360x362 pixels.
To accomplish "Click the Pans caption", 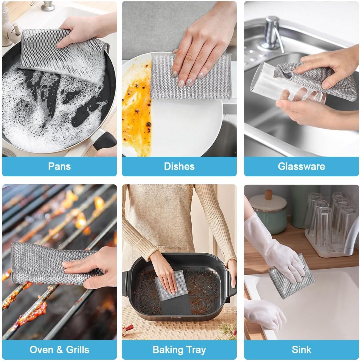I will click(x=59, y=166).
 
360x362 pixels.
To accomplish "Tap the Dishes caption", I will click(x=179, y=166).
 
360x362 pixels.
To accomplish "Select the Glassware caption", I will click(x=301, y=166).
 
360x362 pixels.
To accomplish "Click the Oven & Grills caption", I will click(x=59, y=349).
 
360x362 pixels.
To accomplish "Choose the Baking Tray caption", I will click(x=179, y=349).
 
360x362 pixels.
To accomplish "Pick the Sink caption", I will click(x=301, y=349).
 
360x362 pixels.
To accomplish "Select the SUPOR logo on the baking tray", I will click(x=176, y=317).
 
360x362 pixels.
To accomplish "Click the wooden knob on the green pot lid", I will click(x=268, y=194).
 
